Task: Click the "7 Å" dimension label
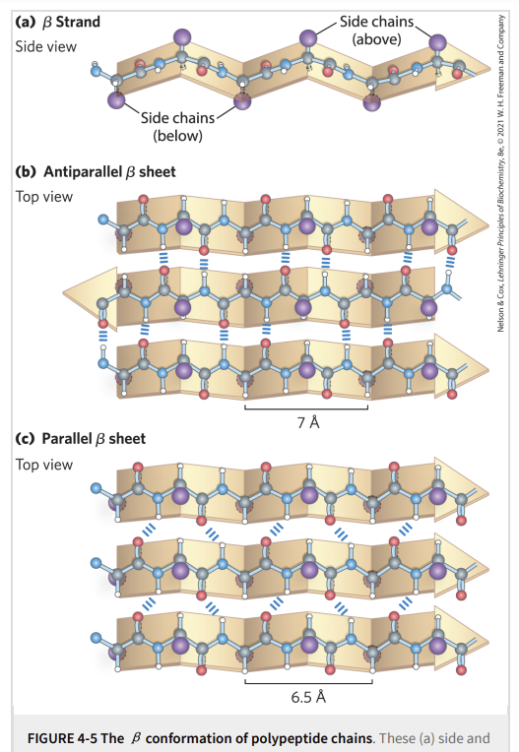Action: (x=308, y=422)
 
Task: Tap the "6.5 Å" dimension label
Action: (x=308, y=697)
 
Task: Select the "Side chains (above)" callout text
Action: (x=376, y=30)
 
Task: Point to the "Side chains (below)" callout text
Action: (x=177, y=127)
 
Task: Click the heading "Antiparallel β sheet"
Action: (x=110, y=171)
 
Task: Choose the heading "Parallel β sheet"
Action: (x=94, y=439)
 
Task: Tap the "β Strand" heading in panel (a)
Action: (x=72, y=22)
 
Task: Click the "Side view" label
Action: (x=45, y=46)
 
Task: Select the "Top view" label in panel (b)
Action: (x=44, y=197)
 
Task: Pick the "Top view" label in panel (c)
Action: (x=44, y=465)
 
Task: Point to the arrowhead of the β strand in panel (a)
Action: (x=462, y=67)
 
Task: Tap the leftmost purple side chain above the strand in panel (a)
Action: (x=182, y=37)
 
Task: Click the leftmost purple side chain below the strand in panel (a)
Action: (x=116, y=100)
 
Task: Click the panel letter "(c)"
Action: (x=25, y=439)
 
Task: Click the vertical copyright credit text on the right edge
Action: (x=500, y=172)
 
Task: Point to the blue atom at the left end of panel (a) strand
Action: (x=96, y=71)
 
